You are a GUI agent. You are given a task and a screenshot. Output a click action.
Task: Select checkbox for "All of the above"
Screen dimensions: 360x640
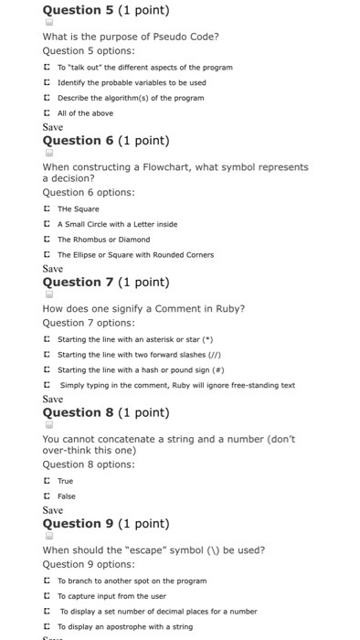click(x=48, y=113)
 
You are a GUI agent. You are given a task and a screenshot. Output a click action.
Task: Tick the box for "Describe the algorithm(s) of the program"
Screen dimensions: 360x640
click(x=48, y=98)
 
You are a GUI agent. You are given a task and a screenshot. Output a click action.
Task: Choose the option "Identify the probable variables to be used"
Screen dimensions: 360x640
click(x=48, y=82)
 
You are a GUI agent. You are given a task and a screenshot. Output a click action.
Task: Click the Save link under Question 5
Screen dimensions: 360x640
click(x=53, y=127)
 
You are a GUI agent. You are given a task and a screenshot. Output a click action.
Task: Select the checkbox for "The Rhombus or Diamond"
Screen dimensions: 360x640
click(x=48, y=240)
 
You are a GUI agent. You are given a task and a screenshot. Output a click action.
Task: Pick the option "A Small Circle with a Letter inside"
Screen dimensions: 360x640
click(x=48, y=224)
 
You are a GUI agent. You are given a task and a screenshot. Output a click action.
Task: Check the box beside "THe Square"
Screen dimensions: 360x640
click(x=48, y=208)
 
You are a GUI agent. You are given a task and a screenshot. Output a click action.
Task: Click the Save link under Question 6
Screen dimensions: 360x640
click(x=53, y=269)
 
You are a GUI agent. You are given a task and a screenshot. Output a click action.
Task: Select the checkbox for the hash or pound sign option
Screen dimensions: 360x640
click(x=48, y=369)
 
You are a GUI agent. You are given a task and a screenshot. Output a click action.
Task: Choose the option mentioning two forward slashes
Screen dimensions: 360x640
click(x=48, y=354)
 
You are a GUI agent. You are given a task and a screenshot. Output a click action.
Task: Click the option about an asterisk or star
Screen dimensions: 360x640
click(x=48, y=338)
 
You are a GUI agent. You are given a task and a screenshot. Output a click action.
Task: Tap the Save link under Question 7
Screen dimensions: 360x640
click(x=53, y=400)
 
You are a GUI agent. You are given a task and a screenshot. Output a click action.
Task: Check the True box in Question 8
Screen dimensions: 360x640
click(x=48, y=481)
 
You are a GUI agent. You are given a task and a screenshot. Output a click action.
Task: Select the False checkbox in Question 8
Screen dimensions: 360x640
click(x=48, y=496)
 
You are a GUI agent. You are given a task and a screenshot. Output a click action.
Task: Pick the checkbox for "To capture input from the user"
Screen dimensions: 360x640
click(x=48, y=596)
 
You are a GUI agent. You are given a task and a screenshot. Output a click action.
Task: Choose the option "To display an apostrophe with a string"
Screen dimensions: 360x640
click(x=48, y=627)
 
